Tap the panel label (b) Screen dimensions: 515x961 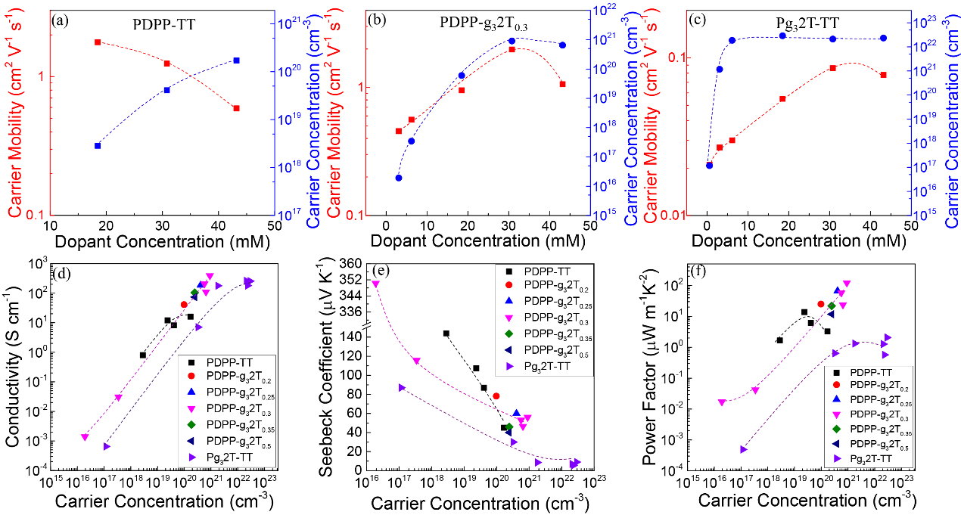[x=374, y=20]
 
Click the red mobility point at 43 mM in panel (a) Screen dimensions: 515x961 [x=236, y=108]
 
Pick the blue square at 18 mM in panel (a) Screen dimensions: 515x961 [x=98, y=145]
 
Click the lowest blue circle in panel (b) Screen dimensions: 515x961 [x=398, y=178]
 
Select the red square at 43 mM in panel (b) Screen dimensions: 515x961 [x=562, y=84]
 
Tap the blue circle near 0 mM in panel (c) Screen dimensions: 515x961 [x=709, y=165]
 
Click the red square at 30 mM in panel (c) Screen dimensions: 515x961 [x=832, y=68]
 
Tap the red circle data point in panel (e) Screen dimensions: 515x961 [x=496, y=396]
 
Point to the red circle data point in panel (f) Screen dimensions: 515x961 [x=820, y=304]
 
